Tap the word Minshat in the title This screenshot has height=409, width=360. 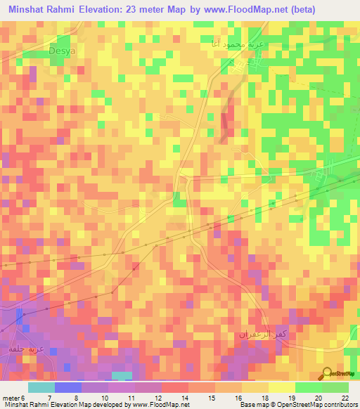(x=30, y=10)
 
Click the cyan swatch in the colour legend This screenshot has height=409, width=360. (x=41, y=387)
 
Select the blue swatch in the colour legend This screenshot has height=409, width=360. (x=68, y=387)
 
